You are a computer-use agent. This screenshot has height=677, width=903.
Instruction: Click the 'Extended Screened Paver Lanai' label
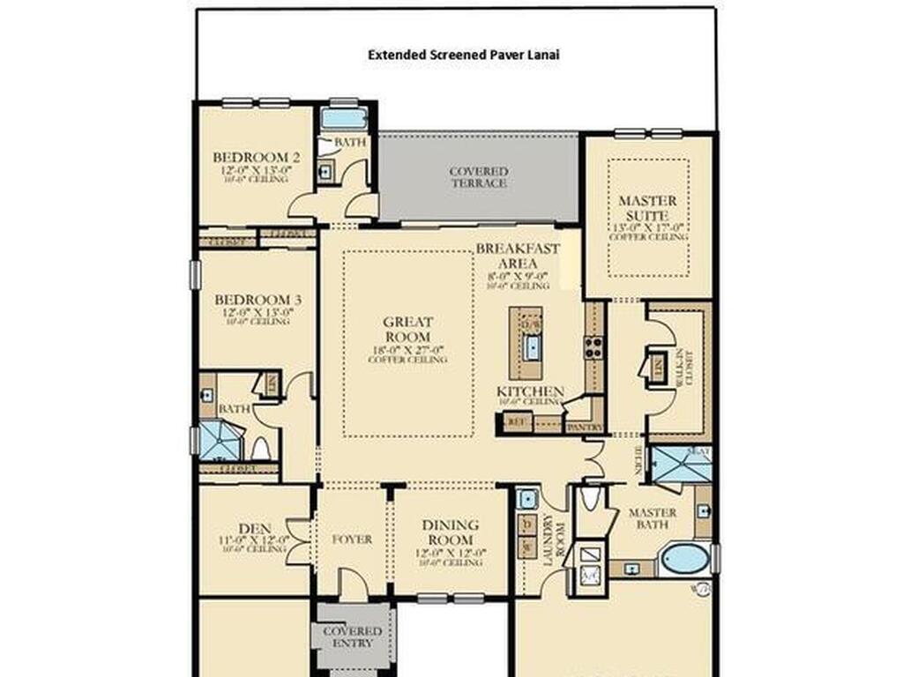click(464, 55)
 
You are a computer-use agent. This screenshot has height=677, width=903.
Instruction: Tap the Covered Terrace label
click(479, 177)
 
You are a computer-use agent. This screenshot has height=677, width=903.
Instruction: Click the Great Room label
click(407, 330)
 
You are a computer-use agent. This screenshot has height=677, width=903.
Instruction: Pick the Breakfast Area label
click(518, 256)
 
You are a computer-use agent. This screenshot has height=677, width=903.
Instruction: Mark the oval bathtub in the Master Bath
click(684, 559)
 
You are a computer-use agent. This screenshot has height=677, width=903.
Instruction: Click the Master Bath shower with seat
click(679, 465)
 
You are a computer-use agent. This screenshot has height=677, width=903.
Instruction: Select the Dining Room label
click(451, 532)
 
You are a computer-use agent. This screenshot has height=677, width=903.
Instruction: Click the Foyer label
click(351, 539)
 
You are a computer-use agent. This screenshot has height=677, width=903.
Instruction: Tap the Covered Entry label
click(352, 637)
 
